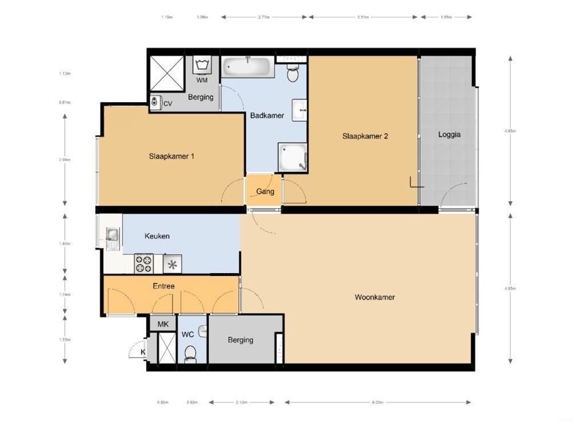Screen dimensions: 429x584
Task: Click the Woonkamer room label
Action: pyautogui.click(x=375, y=297)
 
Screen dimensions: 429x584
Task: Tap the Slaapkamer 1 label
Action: pyautogui.click(x=172, y=156)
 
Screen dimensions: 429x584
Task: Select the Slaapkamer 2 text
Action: pyautogui.click(x=365, y=136)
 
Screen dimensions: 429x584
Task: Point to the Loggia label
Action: pyautogui.click(x=449, y=134)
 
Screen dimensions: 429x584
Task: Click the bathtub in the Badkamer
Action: pyautogui.click(x=248, y=67)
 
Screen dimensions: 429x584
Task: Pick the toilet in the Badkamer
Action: pyautogui.click(x=293, y=73)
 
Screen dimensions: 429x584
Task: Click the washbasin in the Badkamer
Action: pyautogui.click(x=300, y=110)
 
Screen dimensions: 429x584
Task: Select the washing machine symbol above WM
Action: pyautogui.click(x=201, y=65)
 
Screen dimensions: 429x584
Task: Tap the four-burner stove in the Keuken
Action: pyautogui.click(x=144, y=264)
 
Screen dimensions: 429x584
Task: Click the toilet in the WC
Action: pyautogui.click(x=190, y=353)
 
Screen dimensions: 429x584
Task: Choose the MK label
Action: pyautogui.click(x=163, y=325)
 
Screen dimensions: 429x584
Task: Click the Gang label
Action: pyautogui.click(x=265, y=191)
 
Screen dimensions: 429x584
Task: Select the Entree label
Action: pyautogui.click(x=163, y=286)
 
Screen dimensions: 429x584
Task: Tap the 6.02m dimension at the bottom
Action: pyautogui.click(x=377, y=403)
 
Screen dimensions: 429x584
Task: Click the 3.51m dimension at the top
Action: pyautogui.click(x=363, y=17)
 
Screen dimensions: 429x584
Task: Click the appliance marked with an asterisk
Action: pyautogui.click(x=172, y=264)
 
